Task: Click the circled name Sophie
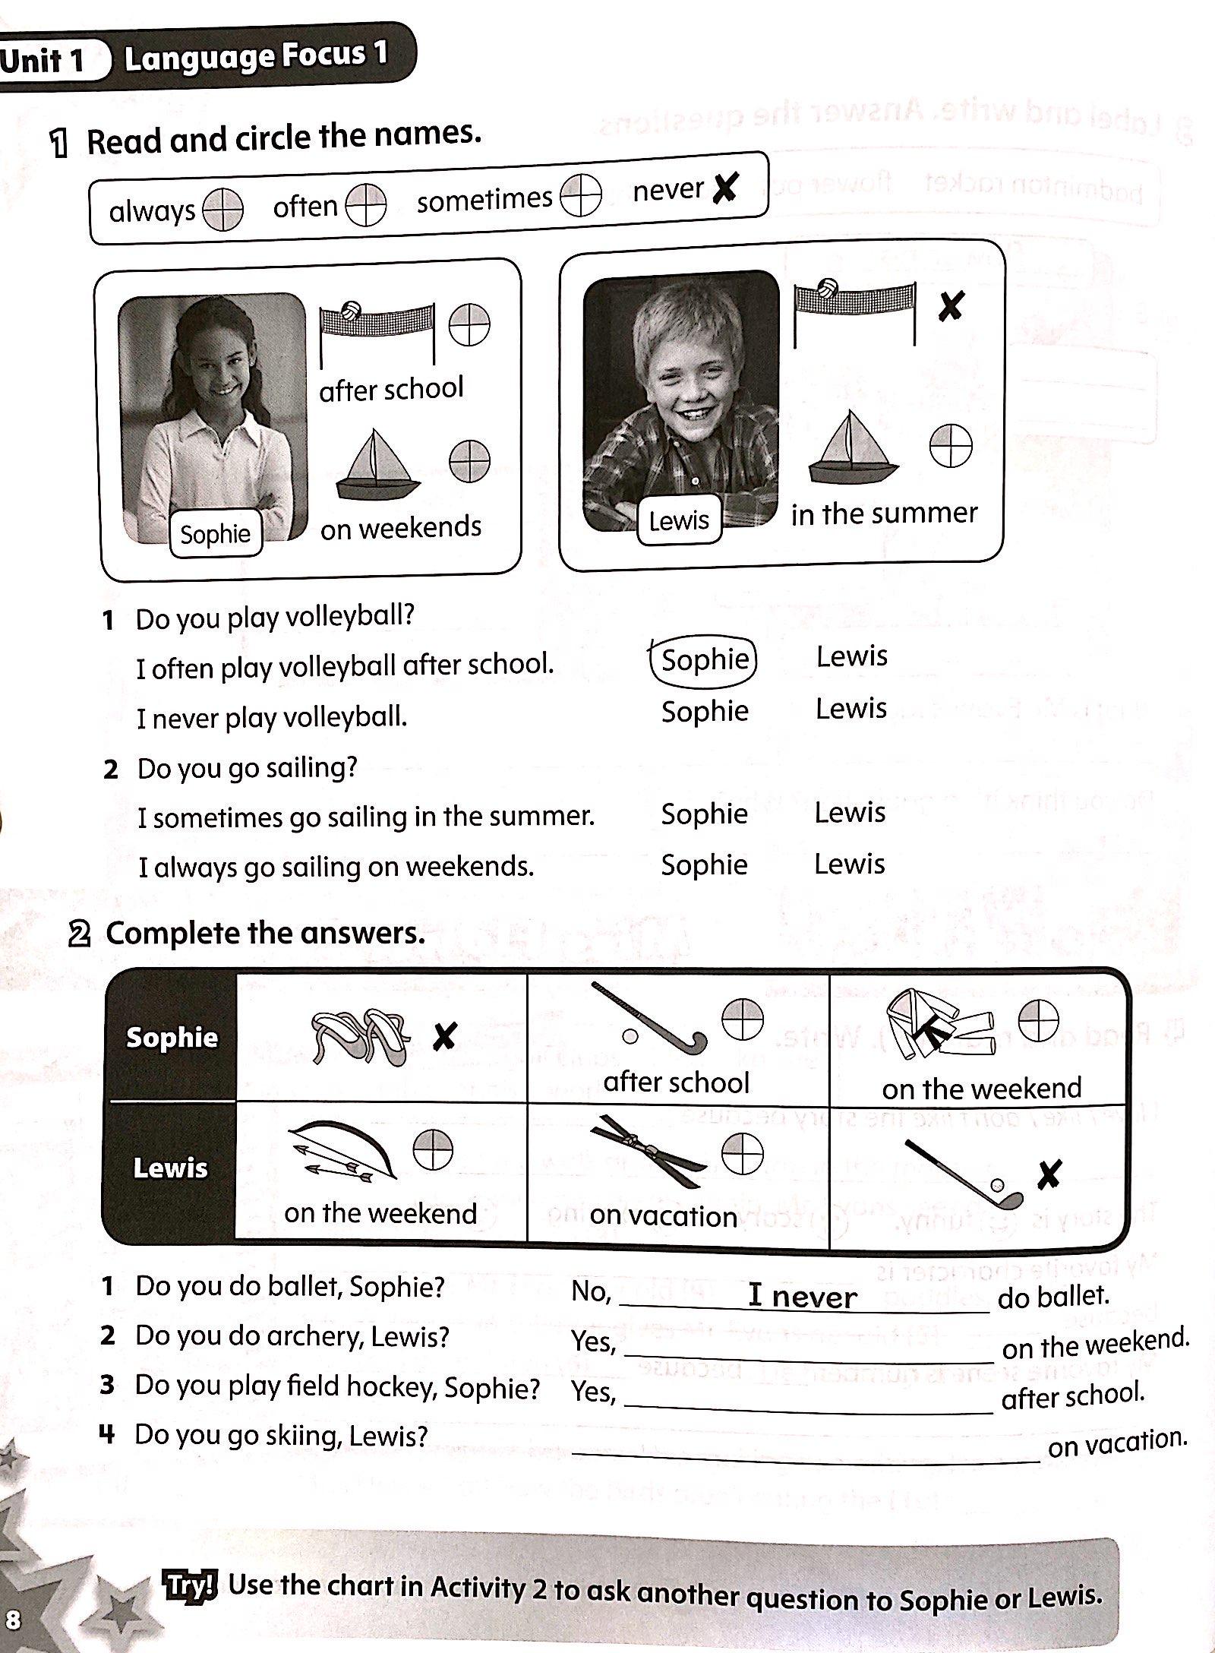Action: tap(704, 659)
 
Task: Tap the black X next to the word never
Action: tap(725, 188)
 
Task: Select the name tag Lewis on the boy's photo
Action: tap(678, 520)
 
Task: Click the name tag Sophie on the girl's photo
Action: tap(215, 534)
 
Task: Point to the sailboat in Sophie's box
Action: tap(377, 465)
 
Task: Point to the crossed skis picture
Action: tap(648, 1151)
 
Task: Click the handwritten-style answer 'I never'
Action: tap(802, 1297)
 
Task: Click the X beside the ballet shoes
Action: tap(444, 1036)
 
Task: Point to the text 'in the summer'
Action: tap(884, 514)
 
